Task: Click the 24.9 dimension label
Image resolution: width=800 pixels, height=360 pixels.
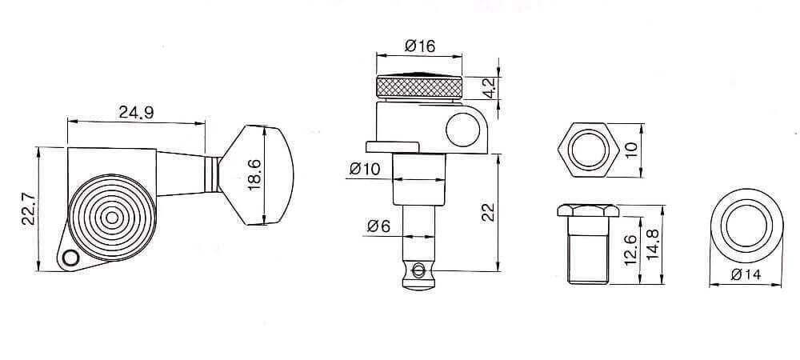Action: tap(136, 113)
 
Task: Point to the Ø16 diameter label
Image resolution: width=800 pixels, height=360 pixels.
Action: tap(419, 46)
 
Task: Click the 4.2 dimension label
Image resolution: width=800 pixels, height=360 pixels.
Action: tap(490, 85)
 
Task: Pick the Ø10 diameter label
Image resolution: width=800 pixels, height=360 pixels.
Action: tap(365, 169)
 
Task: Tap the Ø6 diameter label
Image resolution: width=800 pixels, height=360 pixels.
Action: tap(379, 226)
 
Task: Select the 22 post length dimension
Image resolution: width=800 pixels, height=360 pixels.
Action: tap(489, 211)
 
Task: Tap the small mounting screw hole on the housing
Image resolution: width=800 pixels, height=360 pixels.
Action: tap(70, 258)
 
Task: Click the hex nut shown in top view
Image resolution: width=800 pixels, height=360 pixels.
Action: tap(588, 149)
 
